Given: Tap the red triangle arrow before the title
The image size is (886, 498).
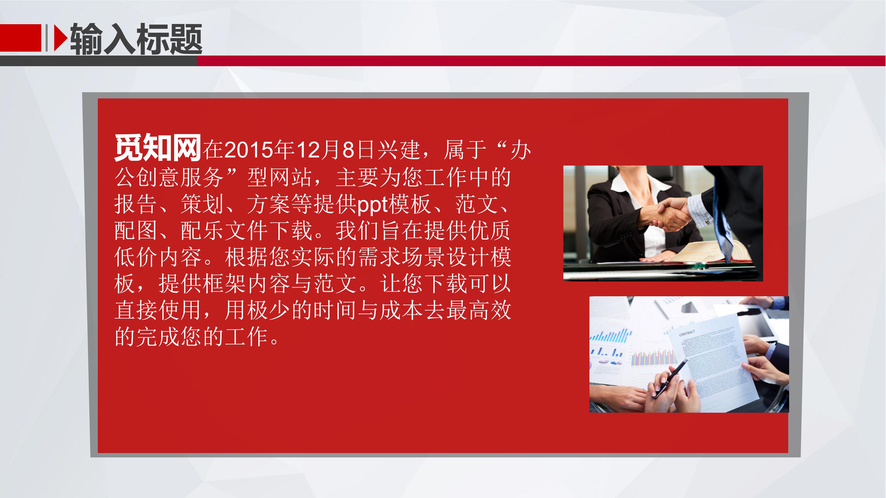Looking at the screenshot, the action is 60,38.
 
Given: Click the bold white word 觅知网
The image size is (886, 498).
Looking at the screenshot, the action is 158,148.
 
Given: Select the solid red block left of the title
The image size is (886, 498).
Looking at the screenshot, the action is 21,38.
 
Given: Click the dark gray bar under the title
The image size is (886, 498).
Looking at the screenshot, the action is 98,61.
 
